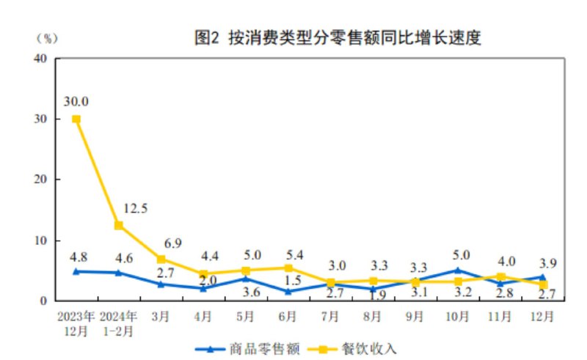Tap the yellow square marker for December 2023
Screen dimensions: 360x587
pyautogui.click(x=76, y=119)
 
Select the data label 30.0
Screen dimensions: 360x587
pyautogui.click(x=76, y=101)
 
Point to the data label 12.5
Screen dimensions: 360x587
pyautogui.click(x=136, y=208)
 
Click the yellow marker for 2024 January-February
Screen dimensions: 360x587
pyautogui.click(x=118, y=225)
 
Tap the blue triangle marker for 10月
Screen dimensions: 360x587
pyautogui.click(x=458, y=270)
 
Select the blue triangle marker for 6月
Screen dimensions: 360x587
pyautogui.click(x=288, y=291)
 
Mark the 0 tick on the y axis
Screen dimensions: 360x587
pyautogui.click(x=45, y=301)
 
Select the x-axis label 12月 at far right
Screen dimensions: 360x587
pyautogui.click(x=542, y=316)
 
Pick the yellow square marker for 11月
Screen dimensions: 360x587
pyautogui.click(x=500, y=277)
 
